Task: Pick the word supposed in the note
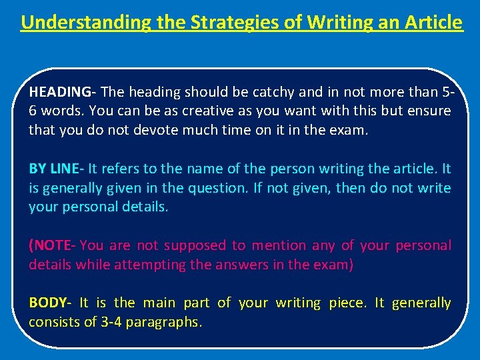(x=195, y=245)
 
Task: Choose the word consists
(x=52, y=322)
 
